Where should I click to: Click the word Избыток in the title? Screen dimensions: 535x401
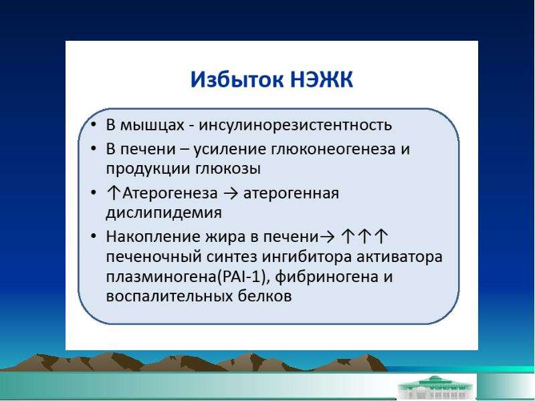coord(237,80)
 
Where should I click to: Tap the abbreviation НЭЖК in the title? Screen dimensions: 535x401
coord(322,80)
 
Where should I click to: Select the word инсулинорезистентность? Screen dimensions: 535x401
coord(295,125)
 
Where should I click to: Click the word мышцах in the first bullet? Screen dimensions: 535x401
coord(152,125)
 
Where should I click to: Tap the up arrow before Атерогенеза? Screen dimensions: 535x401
coord(113,193)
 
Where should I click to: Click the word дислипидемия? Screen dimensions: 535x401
coord(164,213)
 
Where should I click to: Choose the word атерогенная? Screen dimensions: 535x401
coord(291,193)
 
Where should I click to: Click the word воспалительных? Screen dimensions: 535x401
coord(169,296)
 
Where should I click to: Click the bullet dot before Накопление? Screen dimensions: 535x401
coord(94,237)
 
